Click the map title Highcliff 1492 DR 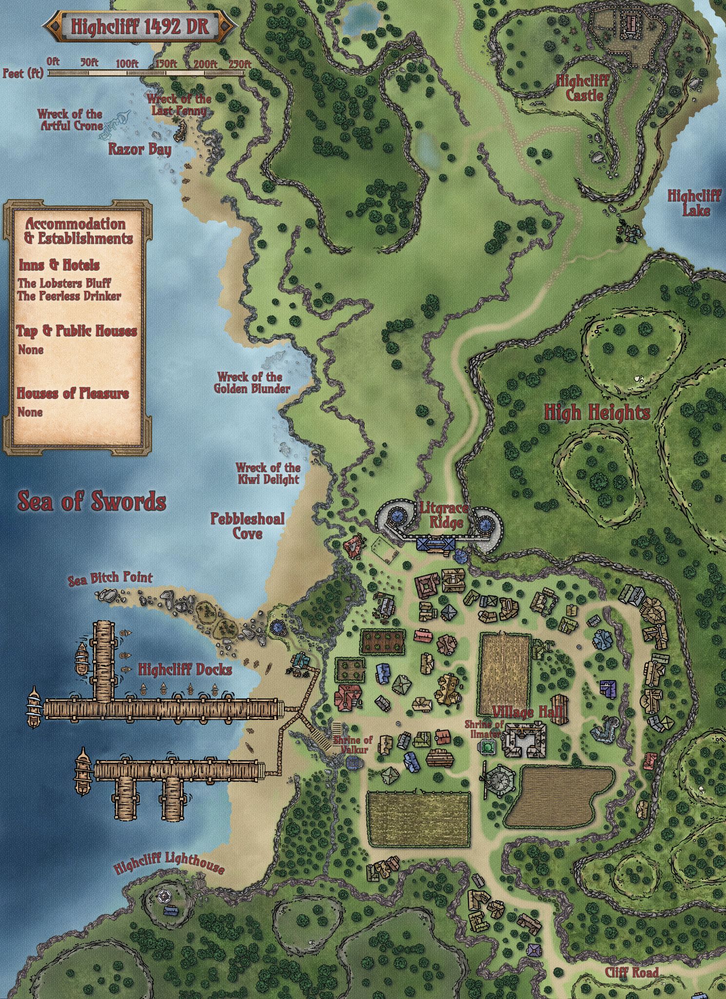pos(140,26)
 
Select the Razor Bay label pos(140,149)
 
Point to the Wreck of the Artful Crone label pos(71,120)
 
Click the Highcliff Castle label pos(583,88)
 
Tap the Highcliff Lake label pos(694,203)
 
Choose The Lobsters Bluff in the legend pos(64,283)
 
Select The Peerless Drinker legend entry pos(69,296)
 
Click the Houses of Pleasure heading pos(73,393)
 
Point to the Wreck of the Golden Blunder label pos(252,383)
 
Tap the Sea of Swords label pos(92,501)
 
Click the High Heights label pos(597,413)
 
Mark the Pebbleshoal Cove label pos(248,525)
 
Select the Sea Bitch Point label pos(110,579)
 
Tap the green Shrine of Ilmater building pos(487,747)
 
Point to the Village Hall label pos(528,713)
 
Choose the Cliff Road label pos(631,959)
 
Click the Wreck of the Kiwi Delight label pos(268,473)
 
